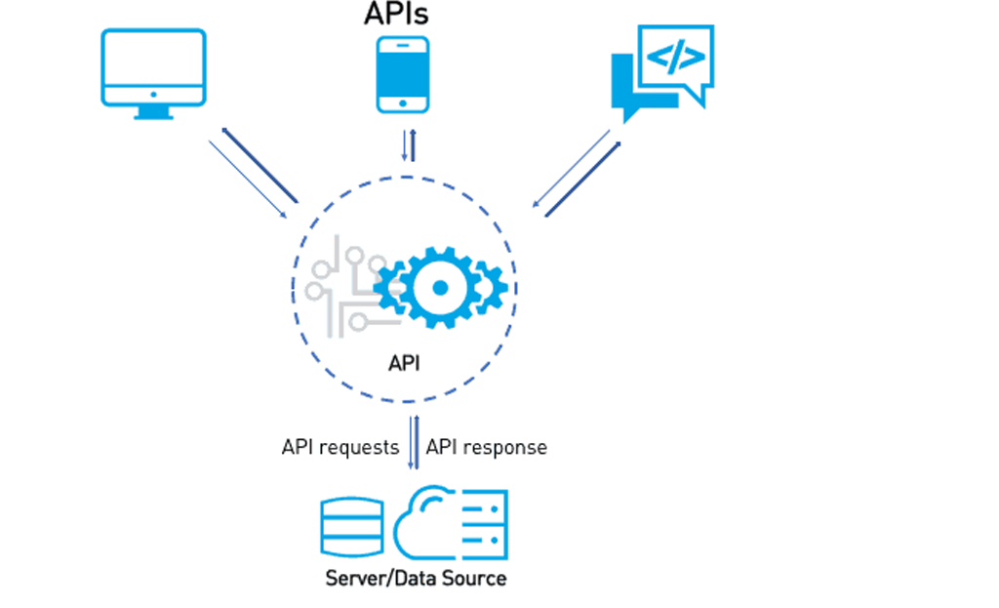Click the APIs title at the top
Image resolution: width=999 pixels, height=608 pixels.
(x=396, y=14)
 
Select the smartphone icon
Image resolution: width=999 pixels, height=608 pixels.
(x=403, y=74)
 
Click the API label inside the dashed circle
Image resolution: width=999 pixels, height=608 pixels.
(x=404, y=363)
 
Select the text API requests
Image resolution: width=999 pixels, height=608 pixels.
(x=340, y=447)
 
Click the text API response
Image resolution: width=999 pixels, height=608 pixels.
(x=486, y=447)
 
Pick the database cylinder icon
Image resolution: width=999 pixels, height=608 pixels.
(x=349, y=524)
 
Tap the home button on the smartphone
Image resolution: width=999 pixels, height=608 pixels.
(x=403, y=103)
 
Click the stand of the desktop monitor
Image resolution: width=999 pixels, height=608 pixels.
(x=154, y=111)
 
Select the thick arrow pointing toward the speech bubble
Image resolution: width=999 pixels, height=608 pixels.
(x=582, y=179)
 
